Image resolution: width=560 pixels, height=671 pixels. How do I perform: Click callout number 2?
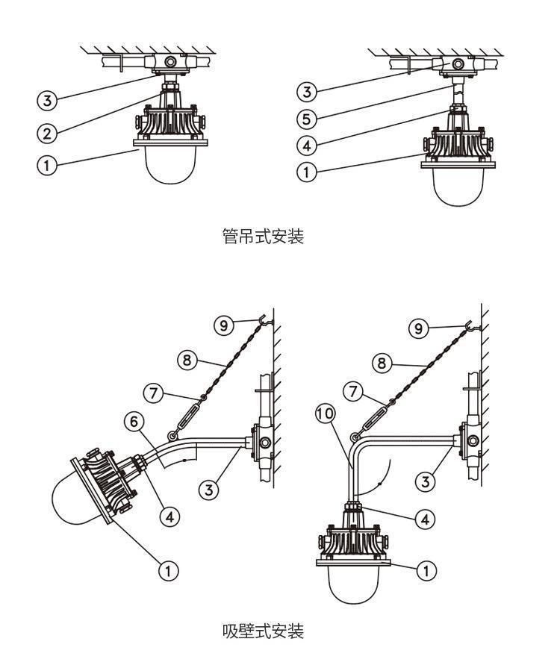coord(47,134)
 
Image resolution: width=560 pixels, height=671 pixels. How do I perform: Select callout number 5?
coord(307,119)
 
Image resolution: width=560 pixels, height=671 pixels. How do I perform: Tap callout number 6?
coord(134,422)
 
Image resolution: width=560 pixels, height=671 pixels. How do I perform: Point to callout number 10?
coord(325,413)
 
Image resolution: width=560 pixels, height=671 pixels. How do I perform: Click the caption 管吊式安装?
coord(263,236)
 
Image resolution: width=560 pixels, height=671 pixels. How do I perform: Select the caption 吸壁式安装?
coord(263,631)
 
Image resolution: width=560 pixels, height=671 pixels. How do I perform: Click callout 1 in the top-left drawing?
coord(46,165)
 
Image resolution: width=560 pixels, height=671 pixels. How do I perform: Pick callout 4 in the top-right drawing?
coord(307,146)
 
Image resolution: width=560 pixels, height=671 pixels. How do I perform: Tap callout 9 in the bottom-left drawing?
coord(224,325)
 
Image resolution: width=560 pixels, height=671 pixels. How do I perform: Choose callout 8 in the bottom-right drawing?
coord(382,363)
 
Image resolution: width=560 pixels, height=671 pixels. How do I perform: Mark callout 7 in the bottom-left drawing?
coord(153,393)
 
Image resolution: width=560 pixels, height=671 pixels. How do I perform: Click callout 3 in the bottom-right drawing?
coord(425,482)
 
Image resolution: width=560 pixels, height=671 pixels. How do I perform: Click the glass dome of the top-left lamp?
coord(171,165)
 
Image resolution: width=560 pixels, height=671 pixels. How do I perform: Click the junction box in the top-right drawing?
coord(457,65)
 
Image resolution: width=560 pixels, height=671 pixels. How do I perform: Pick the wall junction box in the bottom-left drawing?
coord(262,442)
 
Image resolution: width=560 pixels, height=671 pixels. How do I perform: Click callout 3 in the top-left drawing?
coord(46,101)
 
